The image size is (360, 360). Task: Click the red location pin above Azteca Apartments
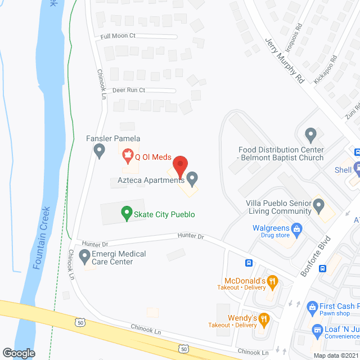pos(179,166)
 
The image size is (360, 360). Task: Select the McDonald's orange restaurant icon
pos(272,280)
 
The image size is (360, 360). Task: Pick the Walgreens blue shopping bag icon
pos(297,228)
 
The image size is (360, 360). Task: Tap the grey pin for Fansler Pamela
pos(99,150)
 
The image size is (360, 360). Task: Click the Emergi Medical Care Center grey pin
pos(84,257)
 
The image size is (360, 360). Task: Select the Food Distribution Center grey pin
pos(310,134)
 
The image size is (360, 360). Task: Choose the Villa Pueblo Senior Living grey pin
pos(318,206)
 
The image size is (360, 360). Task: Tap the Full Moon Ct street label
pos(118,35)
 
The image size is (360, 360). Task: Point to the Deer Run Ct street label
pos(128,90)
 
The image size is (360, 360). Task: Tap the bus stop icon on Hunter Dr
pos(248,263)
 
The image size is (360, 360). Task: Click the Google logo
pos(19,353)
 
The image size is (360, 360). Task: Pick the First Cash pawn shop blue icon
pos(313,307)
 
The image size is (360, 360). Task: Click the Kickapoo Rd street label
pos(325,69)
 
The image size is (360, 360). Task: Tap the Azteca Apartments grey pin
pos(192,179)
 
